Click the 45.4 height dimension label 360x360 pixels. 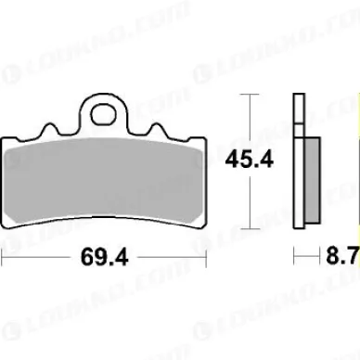[x=250, y=161]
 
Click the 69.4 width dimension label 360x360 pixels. [x=104, y=257]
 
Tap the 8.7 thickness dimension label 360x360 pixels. [x=342, y=256]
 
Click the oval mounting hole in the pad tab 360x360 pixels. [x=104, y=114]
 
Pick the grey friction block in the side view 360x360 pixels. [x=313, y=180]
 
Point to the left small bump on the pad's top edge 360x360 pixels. [x=49, y=129]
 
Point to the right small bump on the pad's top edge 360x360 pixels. [x=157, y=129]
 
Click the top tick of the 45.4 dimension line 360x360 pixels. [x=250, y=94]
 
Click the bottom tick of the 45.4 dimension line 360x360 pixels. [x=250, y=229]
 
